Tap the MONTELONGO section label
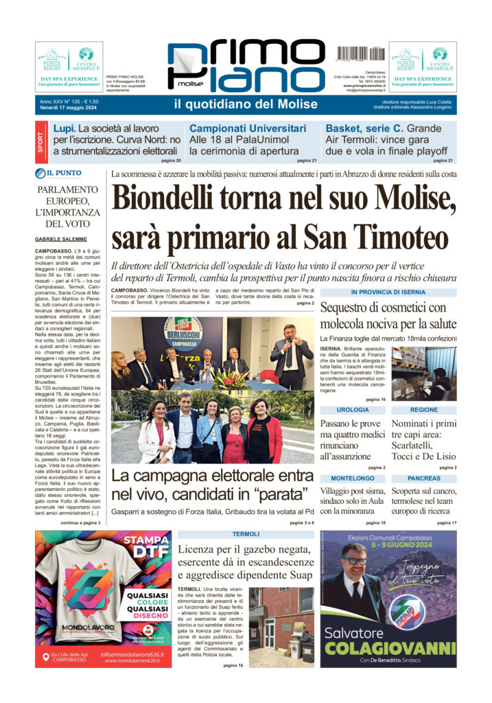click(x=353, y=477)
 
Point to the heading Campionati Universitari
click(x=248, y=128)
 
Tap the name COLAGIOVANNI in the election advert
click(x=388, y=648)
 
